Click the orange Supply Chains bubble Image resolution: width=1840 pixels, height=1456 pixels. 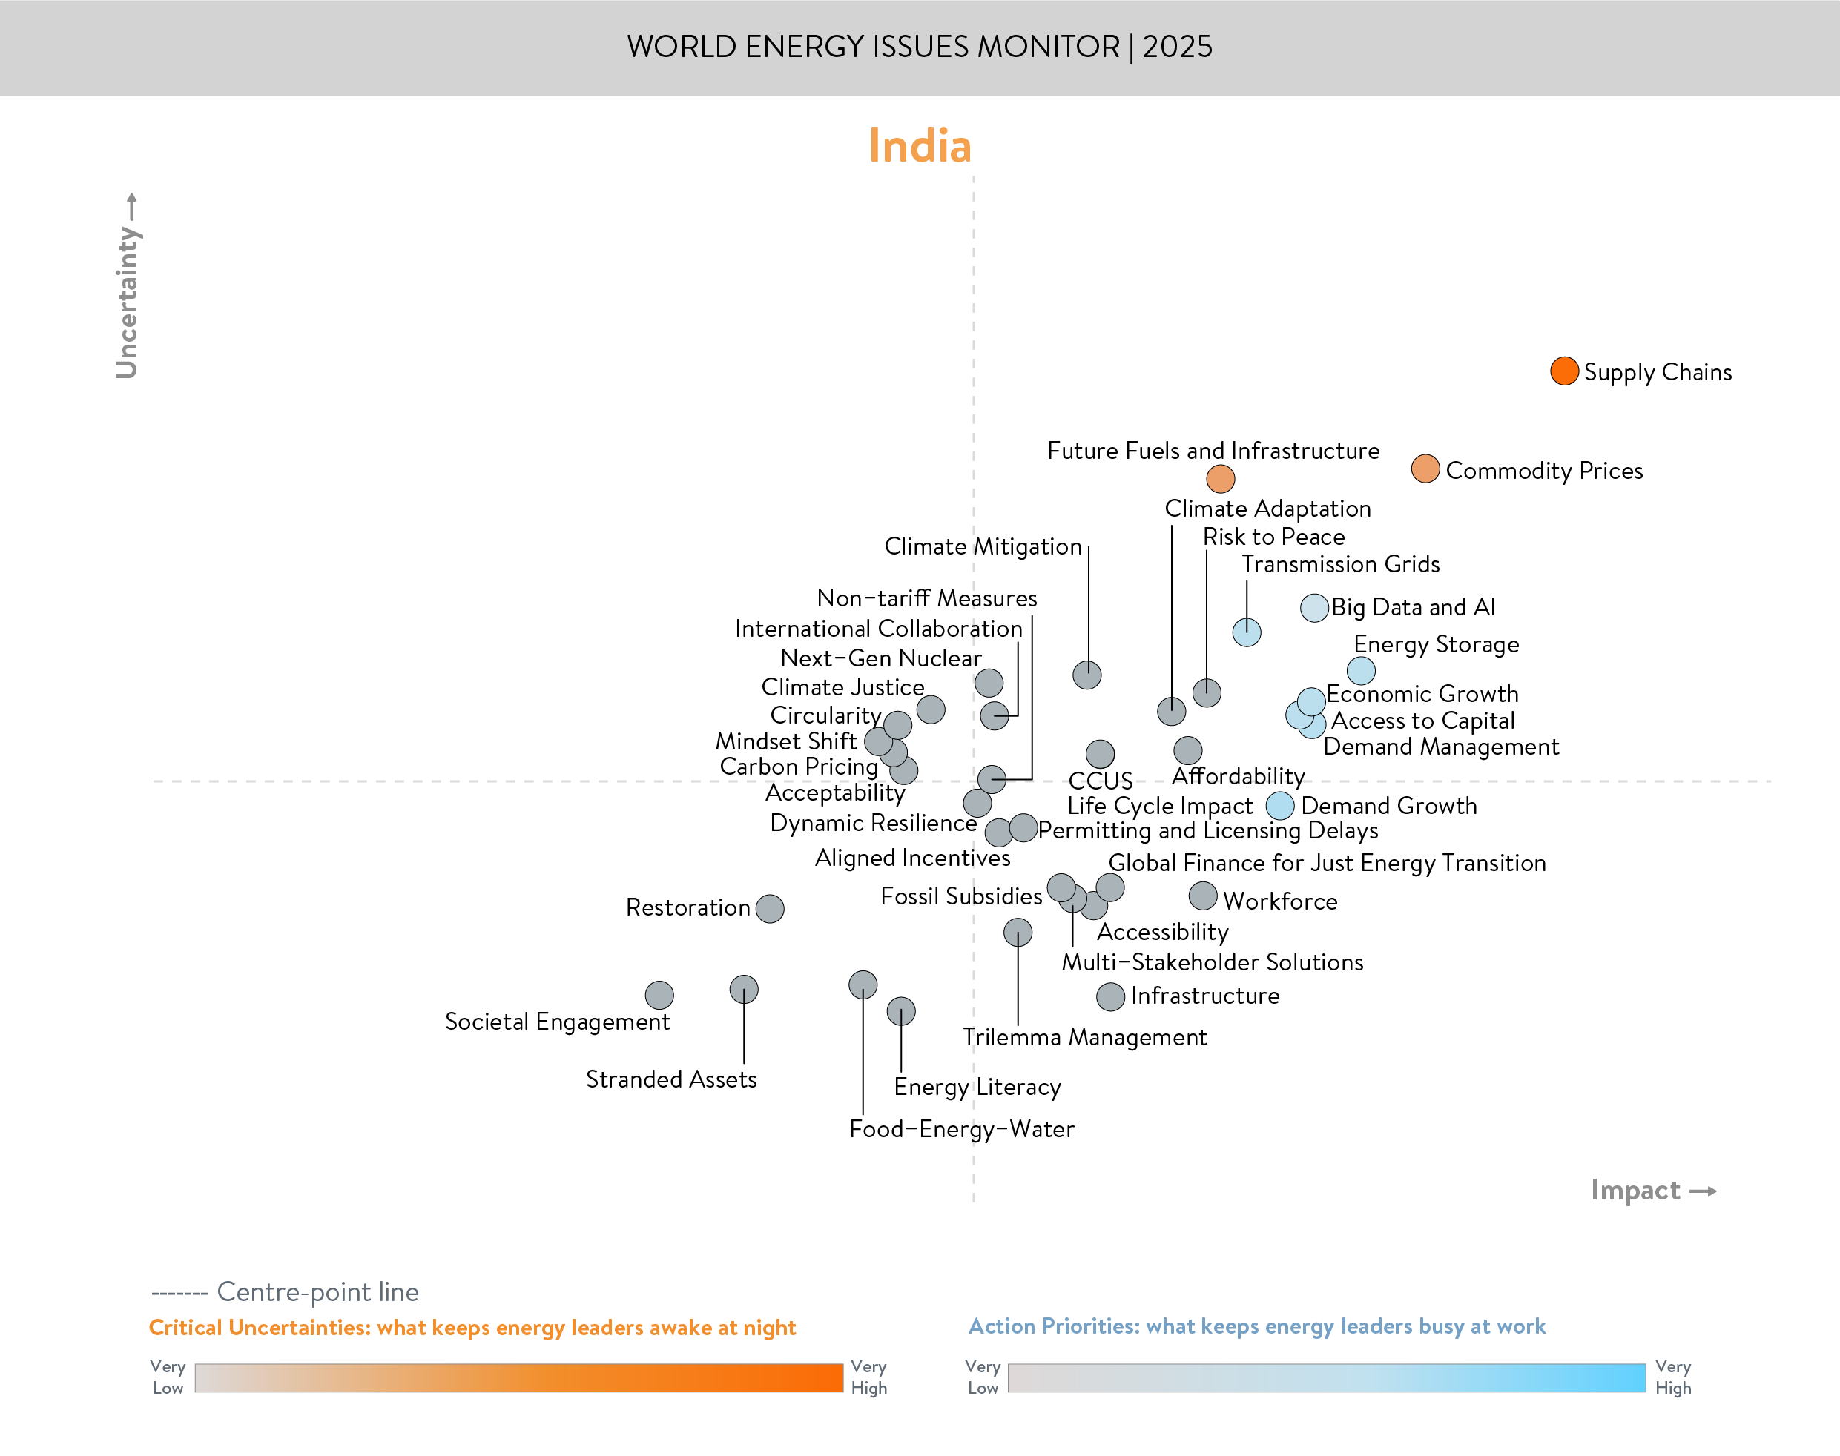pos(1564,371)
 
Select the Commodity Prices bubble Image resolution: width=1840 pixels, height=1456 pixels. pos(1425,469)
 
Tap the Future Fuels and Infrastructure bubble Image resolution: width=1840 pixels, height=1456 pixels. pos(1220,478)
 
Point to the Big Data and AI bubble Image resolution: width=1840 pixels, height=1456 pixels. pos(1314,608)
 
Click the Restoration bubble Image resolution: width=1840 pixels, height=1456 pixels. pos(770,909)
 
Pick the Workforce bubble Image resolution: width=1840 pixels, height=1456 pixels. pos(1202,896)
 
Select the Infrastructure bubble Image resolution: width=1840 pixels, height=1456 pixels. pos(1110,996)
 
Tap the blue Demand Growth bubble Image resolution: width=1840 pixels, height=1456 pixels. pos(1280,806)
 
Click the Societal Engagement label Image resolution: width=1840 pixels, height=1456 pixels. pos(557,1022)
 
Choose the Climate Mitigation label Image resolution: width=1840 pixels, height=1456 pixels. pos(982,546)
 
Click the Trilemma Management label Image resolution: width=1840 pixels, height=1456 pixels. pos(1084,1037)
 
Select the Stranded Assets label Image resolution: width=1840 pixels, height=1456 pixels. pos(671,1080)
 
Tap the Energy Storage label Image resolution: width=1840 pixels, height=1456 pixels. pos(1436,644)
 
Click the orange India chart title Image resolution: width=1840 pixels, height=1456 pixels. pos(919,146)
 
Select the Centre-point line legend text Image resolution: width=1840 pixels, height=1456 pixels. pos(317,1292)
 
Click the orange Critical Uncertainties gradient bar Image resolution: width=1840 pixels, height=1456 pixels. pos(518,1377)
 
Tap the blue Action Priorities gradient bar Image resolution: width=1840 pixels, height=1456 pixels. pos(1326,1377)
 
